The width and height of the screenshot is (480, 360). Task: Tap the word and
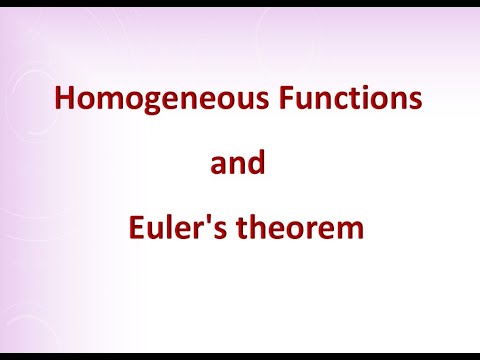point(238,163)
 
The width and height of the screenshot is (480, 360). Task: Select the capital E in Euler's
point(135,229)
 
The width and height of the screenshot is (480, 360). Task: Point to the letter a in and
point(219,166)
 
